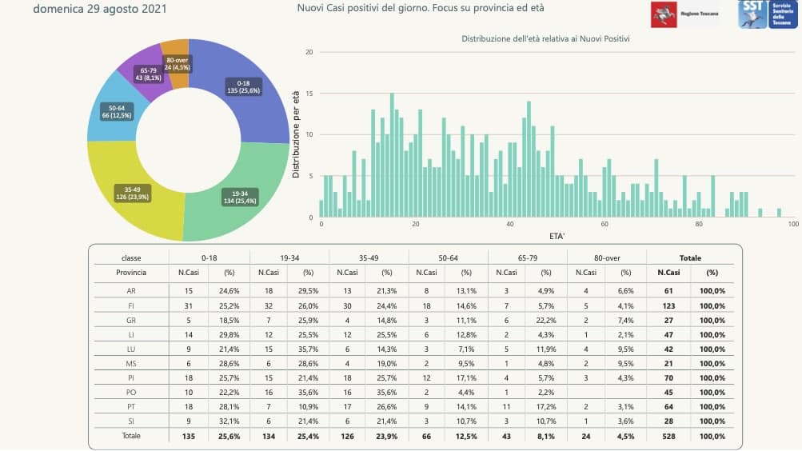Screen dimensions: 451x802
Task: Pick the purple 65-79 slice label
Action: [x=147, y=74]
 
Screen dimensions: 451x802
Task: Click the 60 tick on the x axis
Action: [x=604, y=225]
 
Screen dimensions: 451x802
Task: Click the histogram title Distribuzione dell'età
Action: [x=545, y=38]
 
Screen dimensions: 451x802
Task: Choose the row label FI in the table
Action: [x=131, y=305]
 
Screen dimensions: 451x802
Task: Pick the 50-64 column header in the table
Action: [x=448, y=258]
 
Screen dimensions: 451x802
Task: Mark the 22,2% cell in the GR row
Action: [x=546, y=318]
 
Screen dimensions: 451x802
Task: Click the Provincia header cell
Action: [x=131, y=273]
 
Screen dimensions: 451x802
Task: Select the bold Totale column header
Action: [x=690, y=258]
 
